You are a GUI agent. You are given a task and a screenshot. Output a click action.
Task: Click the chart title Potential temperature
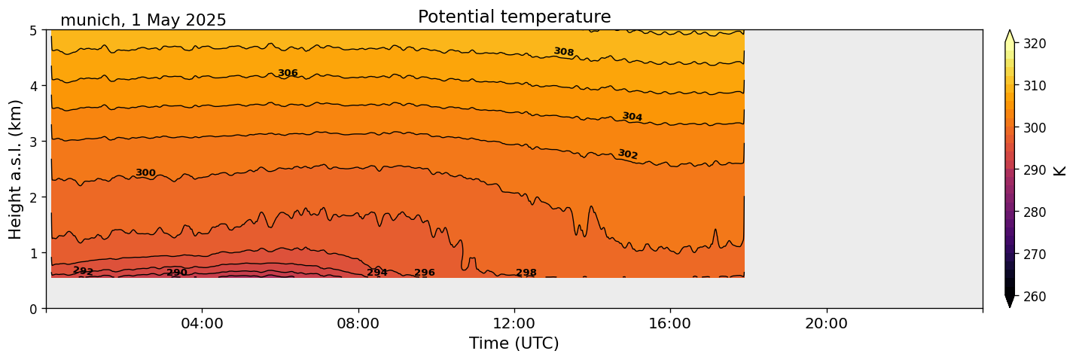514,17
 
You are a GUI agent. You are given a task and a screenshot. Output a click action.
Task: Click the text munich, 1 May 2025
143,20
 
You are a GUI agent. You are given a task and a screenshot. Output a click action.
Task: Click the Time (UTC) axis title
514,343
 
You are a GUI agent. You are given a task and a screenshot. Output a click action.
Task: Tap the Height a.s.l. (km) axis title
16,169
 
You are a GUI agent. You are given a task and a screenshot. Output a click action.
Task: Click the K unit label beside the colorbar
1060,170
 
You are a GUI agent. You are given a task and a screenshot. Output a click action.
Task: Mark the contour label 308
564,52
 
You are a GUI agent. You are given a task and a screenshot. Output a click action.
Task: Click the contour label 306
288,73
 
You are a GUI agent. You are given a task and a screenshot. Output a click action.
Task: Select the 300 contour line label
145,173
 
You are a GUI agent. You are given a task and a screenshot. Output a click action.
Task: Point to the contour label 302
628,154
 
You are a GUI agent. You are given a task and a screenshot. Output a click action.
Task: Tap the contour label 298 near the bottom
526,273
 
